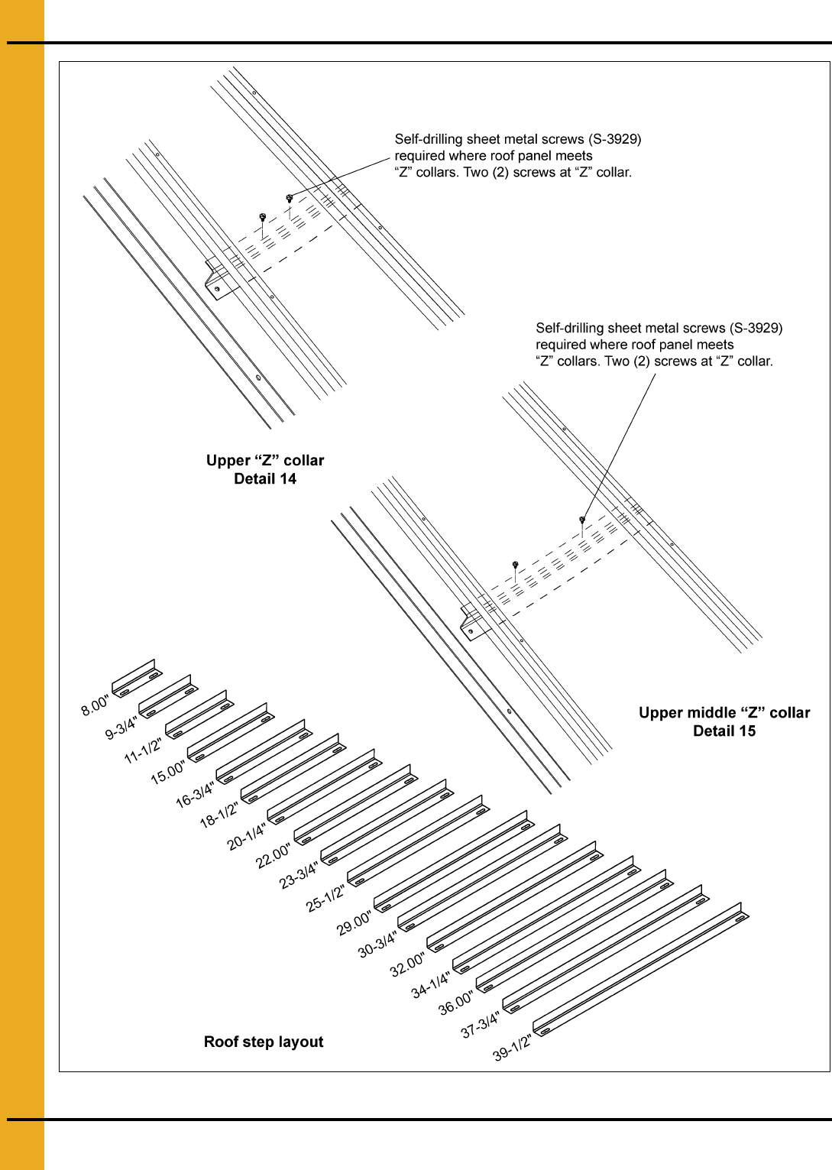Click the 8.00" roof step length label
(x=95, y=705)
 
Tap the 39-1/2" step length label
(x=513, y=1047)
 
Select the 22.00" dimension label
(x=274, y=856)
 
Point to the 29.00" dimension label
(x=354, y=923)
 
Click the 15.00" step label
(x=167, y=773)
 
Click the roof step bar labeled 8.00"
(x=137, y=678)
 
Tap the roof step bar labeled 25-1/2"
(x=418, y=841)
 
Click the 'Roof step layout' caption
(x=264, y=1042)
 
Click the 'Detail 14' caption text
(x=265, y=478)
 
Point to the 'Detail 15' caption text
(x=724, y=731)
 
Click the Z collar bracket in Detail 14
(x=220, y=280)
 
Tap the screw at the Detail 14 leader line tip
(x=290, y=198)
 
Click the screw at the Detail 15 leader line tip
(x=582, y=519)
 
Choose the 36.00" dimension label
(x=456, y=1003)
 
